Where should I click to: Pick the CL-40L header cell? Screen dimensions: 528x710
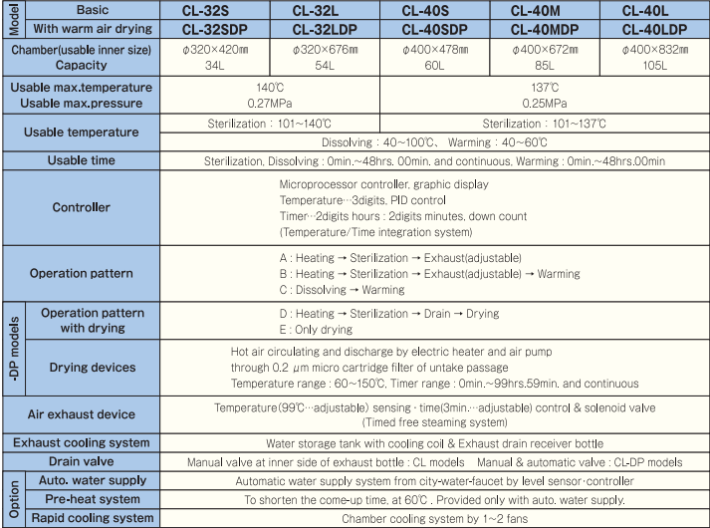(x=654, y=10)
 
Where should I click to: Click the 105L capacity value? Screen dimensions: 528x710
(x=654, y=65)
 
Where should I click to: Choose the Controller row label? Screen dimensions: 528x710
(x=82, y=207)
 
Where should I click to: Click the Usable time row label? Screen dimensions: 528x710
(x=82, y=160)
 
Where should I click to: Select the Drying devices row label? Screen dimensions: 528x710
(x=93, y=368)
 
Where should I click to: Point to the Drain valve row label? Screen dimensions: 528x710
(x=82, y=461)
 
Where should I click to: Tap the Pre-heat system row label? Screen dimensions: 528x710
(x=93, y=499)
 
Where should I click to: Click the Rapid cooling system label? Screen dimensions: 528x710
(x=93, y=518)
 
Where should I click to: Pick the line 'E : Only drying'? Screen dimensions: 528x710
(x=316, y=330)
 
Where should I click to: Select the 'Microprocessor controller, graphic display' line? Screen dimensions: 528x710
(x=383, y=184)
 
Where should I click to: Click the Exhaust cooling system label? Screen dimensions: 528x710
(x=82, y=442)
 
